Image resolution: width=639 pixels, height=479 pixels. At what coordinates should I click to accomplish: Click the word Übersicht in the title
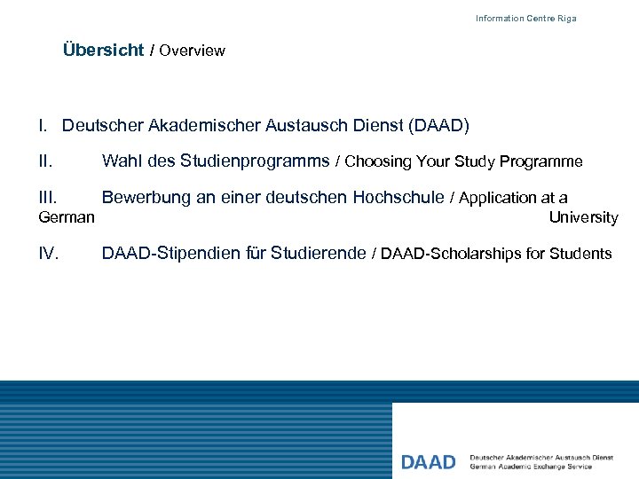coord(103,51)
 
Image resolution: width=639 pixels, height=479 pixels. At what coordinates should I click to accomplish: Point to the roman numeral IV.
coord(50,254)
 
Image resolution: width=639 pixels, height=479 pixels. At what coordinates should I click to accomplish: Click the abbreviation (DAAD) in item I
coord(438,126)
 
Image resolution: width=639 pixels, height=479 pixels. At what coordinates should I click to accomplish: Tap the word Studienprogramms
coord(255,161)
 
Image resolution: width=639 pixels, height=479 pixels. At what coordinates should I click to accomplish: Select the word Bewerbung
coord(146,198)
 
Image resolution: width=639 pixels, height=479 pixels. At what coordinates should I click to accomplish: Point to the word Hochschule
coord(398,198)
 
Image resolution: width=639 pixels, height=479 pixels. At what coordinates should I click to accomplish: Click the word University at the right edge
coord(583,217)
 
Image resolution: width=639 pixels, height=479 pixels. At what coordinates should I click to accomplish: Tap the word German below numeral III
coord(67,217)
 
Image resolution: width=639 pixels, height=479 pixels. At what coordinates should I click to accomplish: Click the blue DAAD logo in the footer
coord(428,462)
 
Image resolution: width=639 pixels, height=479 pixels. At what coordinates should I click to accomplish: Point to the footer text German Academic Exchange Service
coord(531,467)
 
